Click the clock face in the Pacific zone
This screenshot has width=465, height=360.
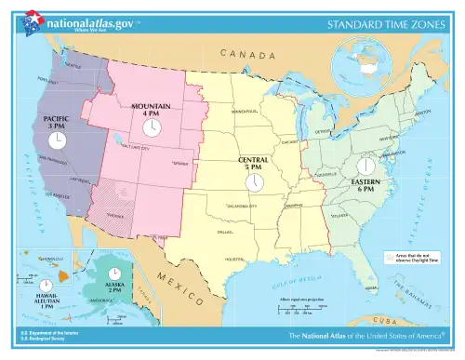[x=58, y=140]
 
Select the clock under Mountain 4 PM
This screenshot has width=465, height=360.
[x=152, y=127]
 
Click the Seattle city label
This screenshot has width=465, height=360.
[x=73, y=66]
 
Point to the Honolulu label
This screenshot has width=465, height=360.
[x=50, y=260]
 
